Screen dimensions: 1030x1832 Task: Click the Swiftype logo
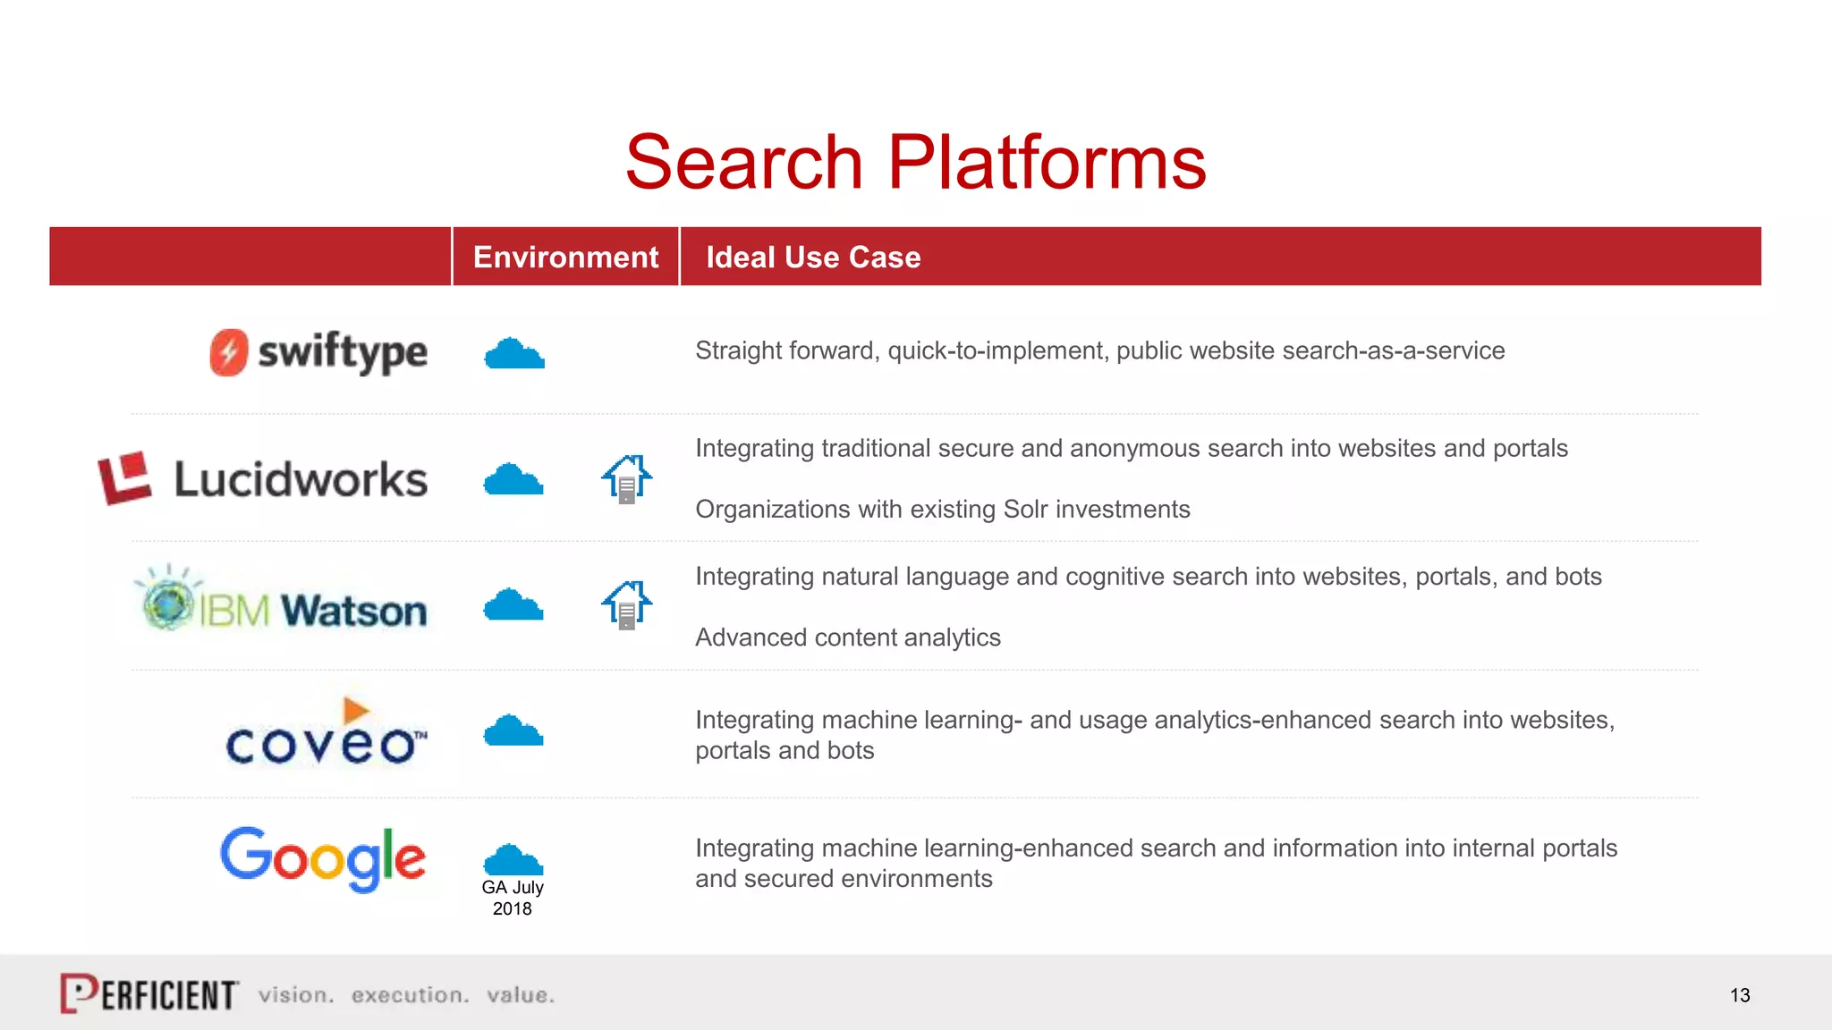(x=318, y=352)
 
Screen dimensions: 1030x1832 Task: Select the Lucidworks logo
(x=263, y=478)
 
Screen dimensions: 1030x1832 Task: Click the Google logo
(x=323, y=858)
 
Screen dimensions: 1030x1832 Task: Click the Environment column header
(x=565, y=257)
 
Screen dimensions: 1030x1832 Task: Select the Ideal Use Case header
(x=813, y=257)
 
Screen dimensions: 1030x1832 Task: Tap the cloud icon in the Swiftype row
(x=514, y=354)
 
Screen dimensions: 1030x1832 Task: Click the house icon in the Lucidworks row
(x=626, y=479)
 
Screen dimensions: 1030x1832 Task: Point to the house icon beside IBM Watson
(x=626, y=605)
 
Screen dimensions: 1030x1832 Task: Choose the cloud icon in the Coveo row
(x=513, y=731)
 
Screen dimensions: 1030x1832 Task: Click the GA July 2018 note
(x=513, y=898)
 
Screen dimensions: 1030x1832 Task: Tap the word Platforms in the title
(x=1047, y=163)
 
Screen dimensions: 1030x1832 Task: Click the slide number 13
(x=1740, y=995)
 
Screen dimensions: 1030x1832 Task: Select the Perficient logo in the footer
(x=149, y=993)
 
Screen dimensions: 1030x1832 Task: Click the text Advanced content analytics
(x=848, y=637)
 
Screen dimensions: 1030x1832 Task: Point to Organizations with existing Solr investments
(x=943, y=510)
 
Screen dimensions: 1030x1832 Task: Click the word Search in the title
(x=743, y=163)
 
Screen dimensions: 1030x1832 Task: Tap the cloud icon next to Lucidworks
(x=513, y=480)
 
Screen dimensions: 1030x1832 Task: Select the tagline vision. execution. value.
(x=407, y=995)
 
